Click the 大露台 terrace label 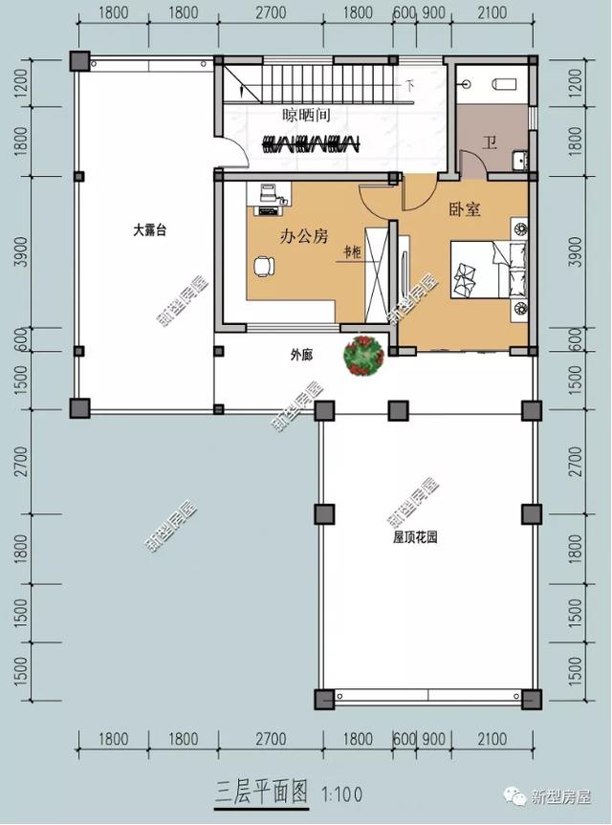[150, 230]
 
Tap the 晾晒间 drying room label [306, 116]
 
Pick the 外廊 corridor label [301, 355]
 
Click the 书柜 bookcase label [352, 253]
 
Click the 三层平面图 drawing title [260, 792]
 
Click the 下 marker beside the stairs [410, 86]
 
